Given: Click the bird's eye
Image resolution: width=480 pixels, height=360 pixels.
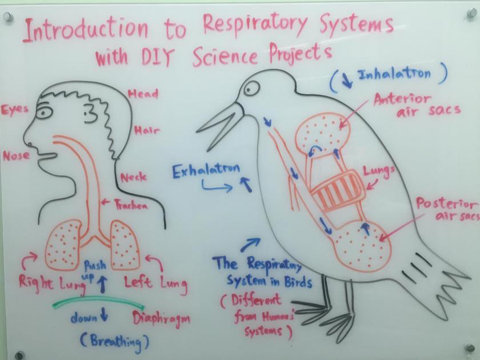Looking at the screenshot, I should [251, 88].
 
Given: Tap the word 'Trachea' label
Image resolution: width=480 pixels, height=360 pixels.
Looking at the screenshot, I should [131, 205].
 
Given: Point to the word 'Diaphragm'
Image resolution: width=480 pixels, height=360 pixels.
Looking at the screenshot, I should [162, 318].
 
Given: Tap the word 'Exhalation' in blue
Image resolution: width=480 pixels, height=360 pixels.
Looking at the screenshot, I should [206, 170].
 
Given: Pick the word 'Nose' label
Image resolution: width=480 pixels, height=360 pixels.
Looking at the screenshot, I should [17, 155].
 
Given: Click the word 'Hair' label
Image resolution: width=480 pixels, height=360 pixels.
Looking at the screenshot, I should [147, 131].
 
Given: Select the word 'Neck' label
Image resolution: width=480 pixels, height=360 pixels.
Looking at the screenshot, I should [133, 177].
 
